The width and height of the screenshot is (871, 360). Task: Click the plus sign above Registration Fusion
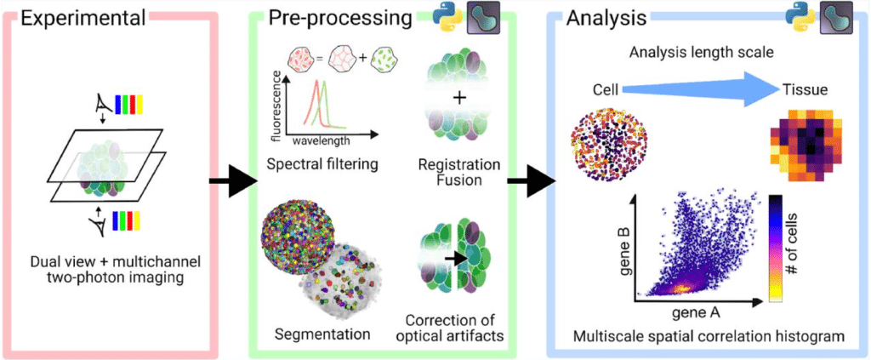[x=460, y=98]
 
